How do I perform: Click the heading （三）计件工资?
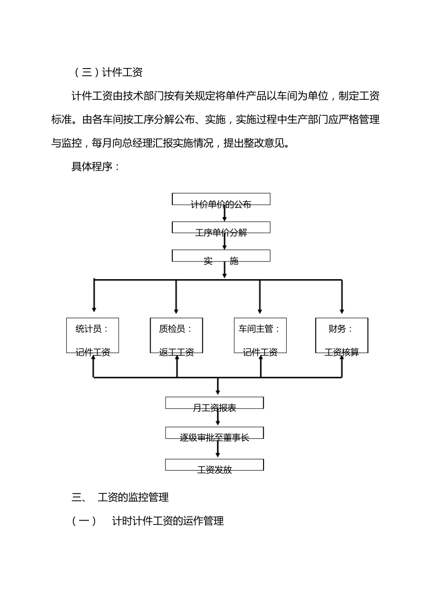108,72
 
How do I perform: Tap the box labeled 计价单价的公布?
221,200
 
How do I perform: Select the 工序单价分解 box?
221,228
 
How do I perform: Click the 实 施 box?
221,256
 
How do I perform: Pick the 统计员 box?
93,335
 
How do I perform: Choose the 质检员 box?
176,335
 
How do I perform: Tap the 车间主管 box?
260,335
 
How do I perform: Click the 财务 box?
342,335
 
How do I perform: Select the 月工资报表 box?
214,403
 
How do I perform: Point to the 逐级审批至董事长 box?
214,433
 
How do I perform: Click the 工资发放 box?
214,465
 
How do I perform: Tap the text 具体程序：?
96,167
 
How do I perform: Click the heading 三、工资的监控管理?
120,497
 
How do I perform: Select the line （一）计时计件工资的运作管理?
147,521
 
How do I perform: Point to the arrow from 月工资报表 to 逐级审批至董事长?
218,418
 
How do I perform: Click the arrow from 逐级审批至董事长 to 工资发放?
218,448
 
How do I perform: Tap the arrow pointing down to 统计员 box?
94,297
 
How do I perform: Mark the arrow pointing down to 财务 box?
342,297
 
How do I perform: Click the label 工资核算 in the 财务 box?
342,352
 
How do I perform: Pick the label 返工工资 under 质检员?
176,352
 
